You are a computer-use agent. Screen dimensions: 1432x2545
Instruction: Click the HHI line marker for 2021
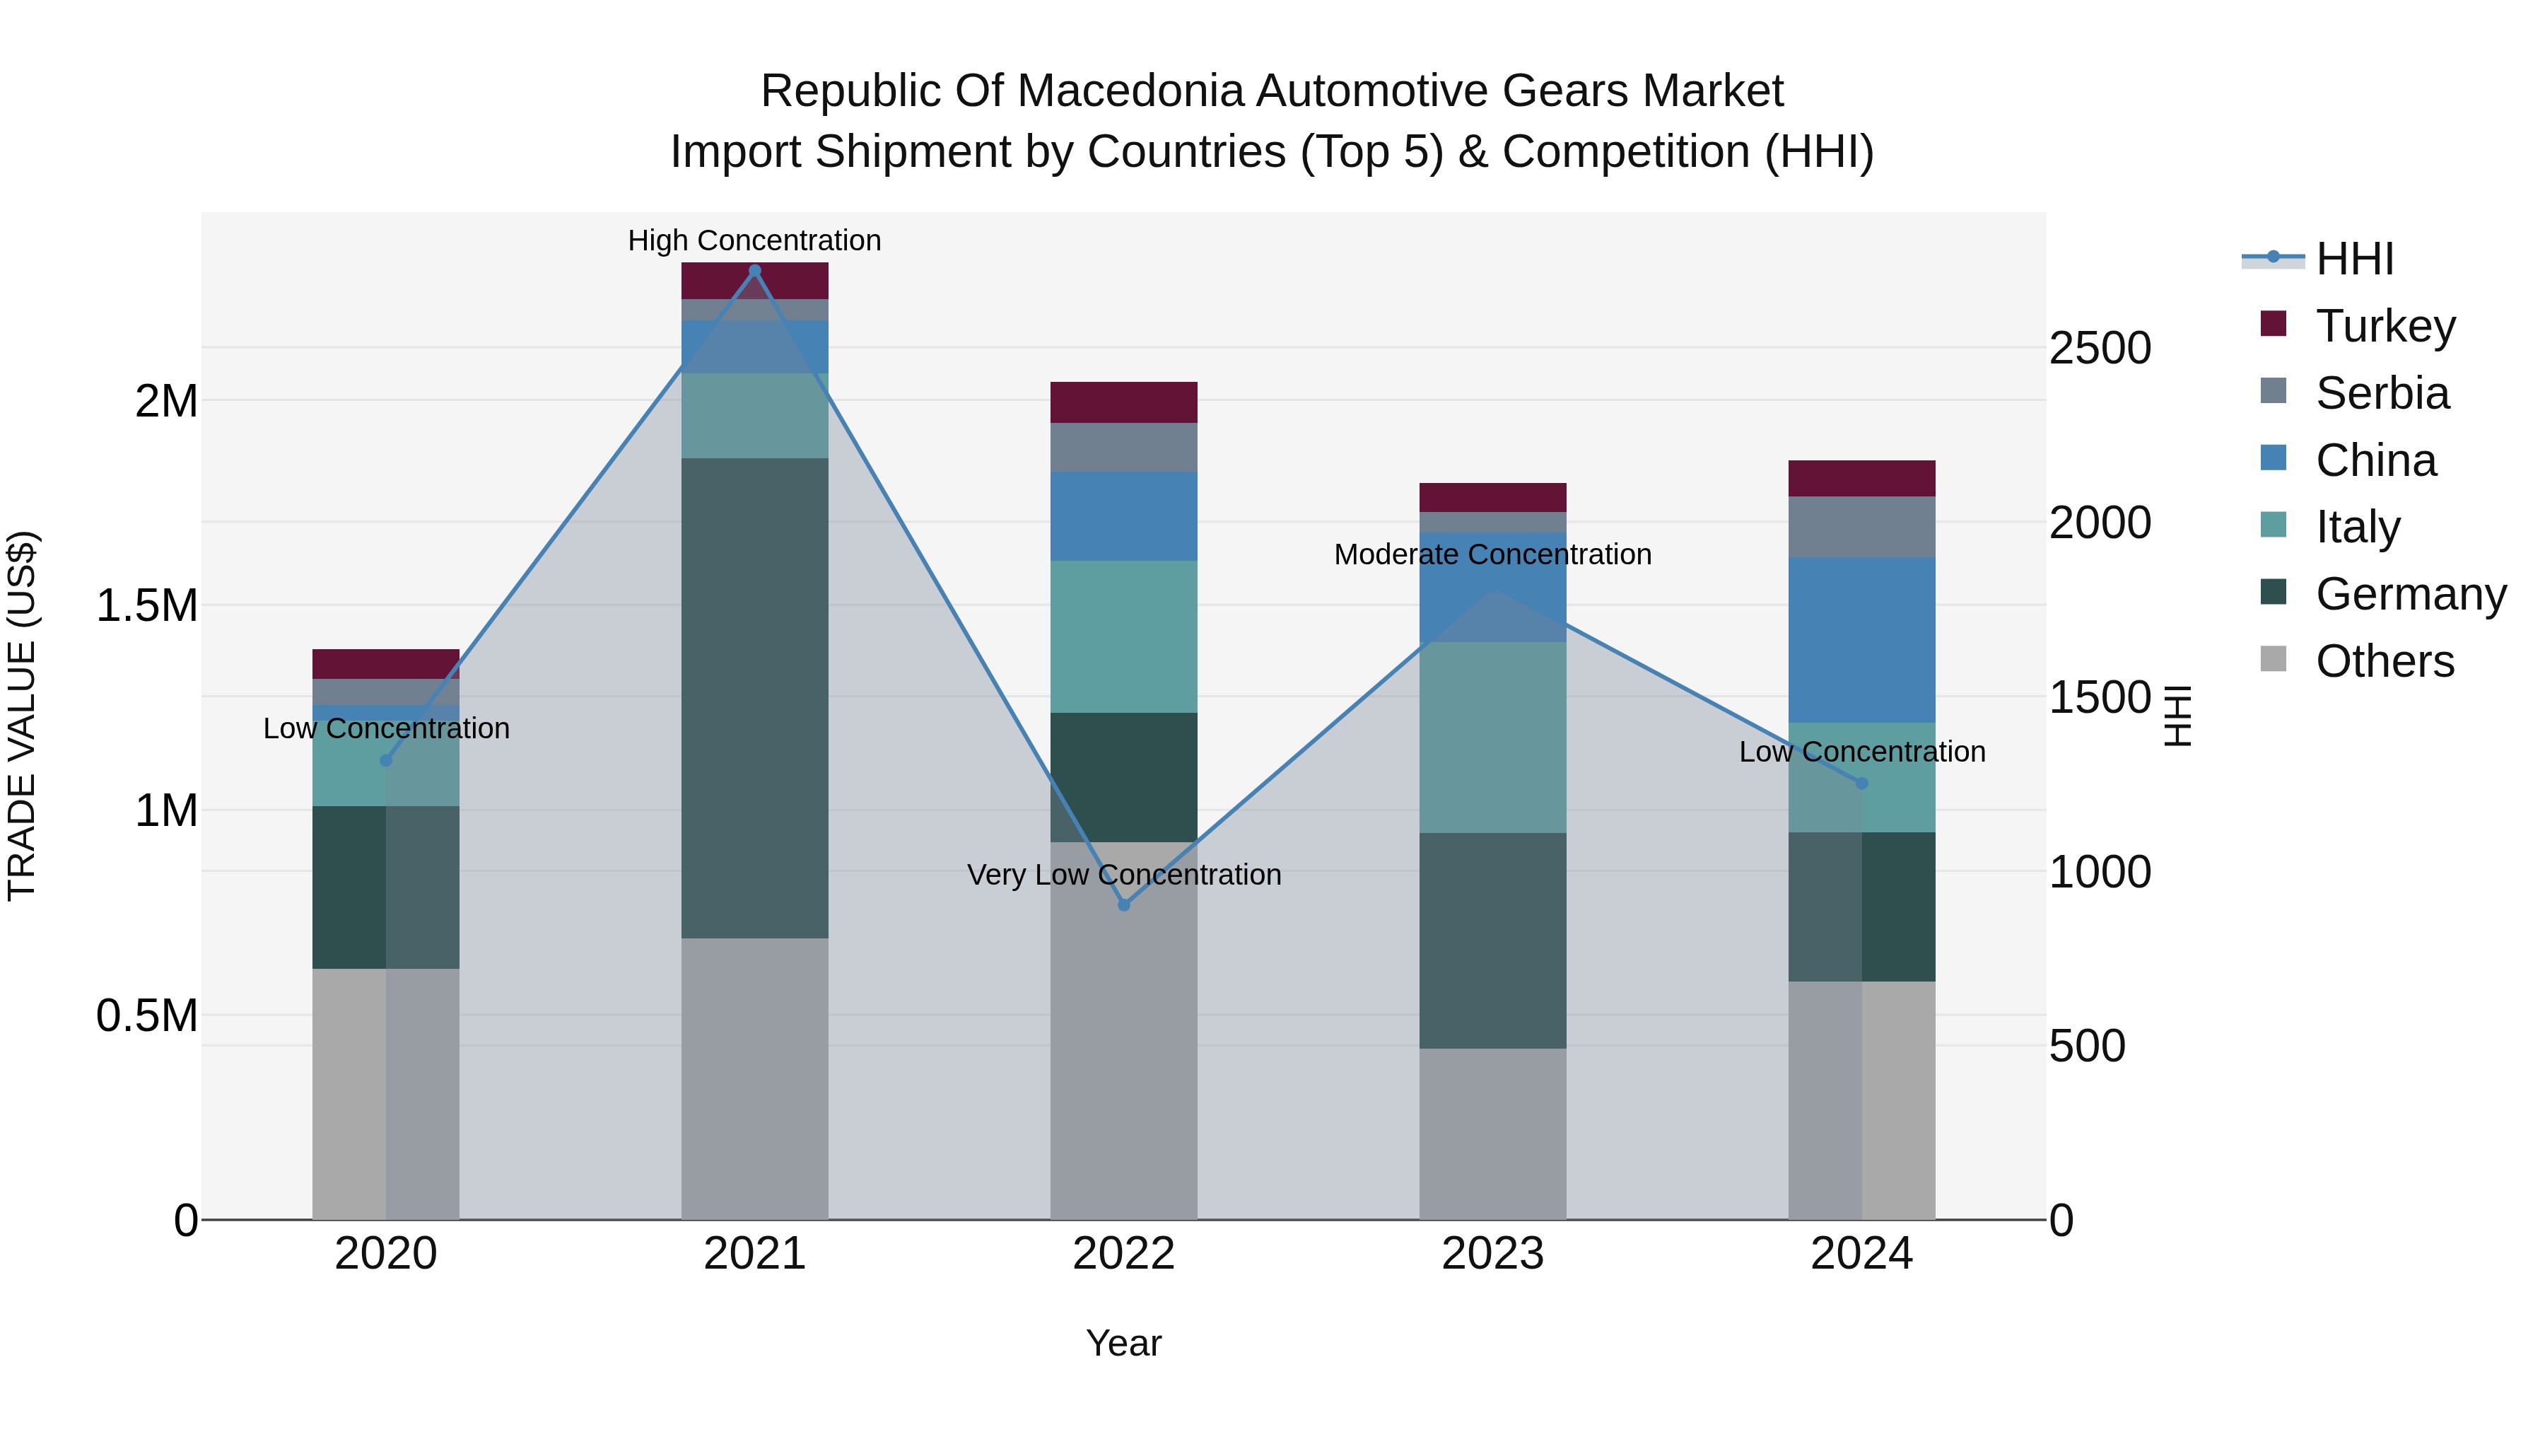tap(755, 270)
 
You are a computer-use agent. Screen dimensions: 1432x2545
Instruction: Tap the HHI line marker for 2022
tap(1123, 904)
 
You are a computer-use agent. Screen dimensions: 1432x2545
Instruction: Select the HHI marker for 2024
tap(1861, 783)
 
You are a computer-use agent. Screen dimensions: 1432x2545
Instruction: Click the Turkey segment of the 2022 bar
tap(1123, 402)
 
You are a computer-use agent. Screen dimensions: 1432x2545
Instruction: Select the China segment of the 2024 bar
tap(1861, 639)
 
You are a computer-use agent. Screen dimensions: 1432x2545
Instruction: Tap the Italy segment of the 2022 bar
tap(1123, 636)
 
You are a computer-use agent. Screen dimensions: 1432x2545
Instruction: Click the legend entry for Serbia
tap(2381, 393)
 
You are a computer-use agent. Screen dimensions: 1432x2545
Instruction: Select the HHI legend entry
tap(2353, 259)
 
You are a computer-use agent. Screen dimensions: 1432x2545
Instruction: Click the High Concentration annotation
tap(755, 240)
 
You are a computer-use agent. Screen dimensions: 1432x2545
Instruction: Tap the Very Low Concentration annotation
tap(1123, 875)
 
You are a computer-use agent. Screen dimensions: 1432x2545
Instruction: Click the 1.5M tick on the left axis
tap(146, 606)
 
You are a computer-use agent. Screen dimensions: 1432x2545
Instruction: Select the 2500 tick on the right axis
tap(2100, 348)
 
